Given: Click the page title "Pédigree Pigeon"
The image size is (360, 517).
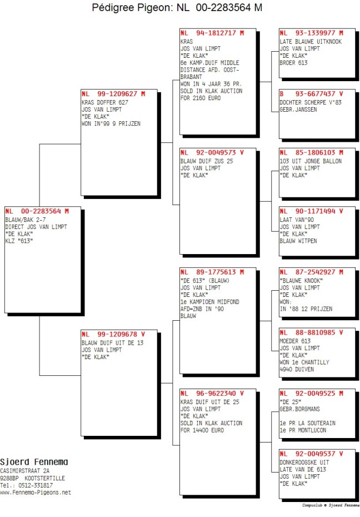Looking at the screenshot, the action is [x=132, y=7].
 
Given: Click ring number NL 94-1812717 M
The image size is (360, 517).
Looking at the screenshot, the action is [x=212, y=33].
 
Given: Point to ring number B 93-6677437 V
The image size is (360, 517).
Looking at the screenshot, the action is [x=311, y=94].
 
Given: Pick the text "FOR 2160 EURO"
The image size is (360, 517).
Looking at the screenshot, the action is [x=201, y=98].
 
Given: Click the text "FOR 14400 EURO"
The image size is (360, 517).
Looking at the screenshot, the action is [x=202, y=430].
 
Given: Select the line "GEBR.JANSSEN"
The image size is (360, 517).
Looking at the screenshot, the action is [x=298, y=110].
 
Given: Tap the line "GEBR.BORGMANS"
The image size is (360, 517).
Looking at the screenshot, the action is [x=300, y=409].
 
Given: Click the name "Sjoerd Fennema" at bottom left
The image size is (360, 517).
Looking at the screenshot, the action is [x=34, y=462].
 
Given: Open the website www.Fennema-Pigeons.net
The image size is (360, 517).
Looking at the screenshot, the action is [x=36, y=493].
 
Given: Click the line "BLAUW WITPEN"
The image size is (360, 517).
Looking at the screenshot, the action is [x=298, y=241].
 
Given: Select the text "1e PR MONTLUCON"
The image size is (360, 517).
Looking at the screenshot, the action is [x=303, y=430].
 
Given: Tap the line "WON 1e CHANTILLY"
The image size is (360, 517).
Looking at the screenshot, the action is [x=304, y=362].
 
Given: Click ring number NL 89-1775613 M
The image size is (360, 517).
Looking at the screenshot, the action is [x=212, y=272].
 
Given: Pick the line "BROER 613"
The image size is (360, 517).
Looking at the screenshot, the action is [x=293, y=63].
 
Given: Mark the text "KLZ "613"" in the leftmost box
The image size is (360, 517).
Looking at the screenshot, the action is [x=19, y=241].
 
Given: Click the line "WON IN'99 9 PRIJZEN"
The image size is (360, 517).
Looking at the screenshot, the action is [x=111, y=123].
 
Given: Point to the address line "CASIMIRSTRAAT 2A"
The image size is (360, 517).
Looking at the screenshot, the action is [x=24, y=471].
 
